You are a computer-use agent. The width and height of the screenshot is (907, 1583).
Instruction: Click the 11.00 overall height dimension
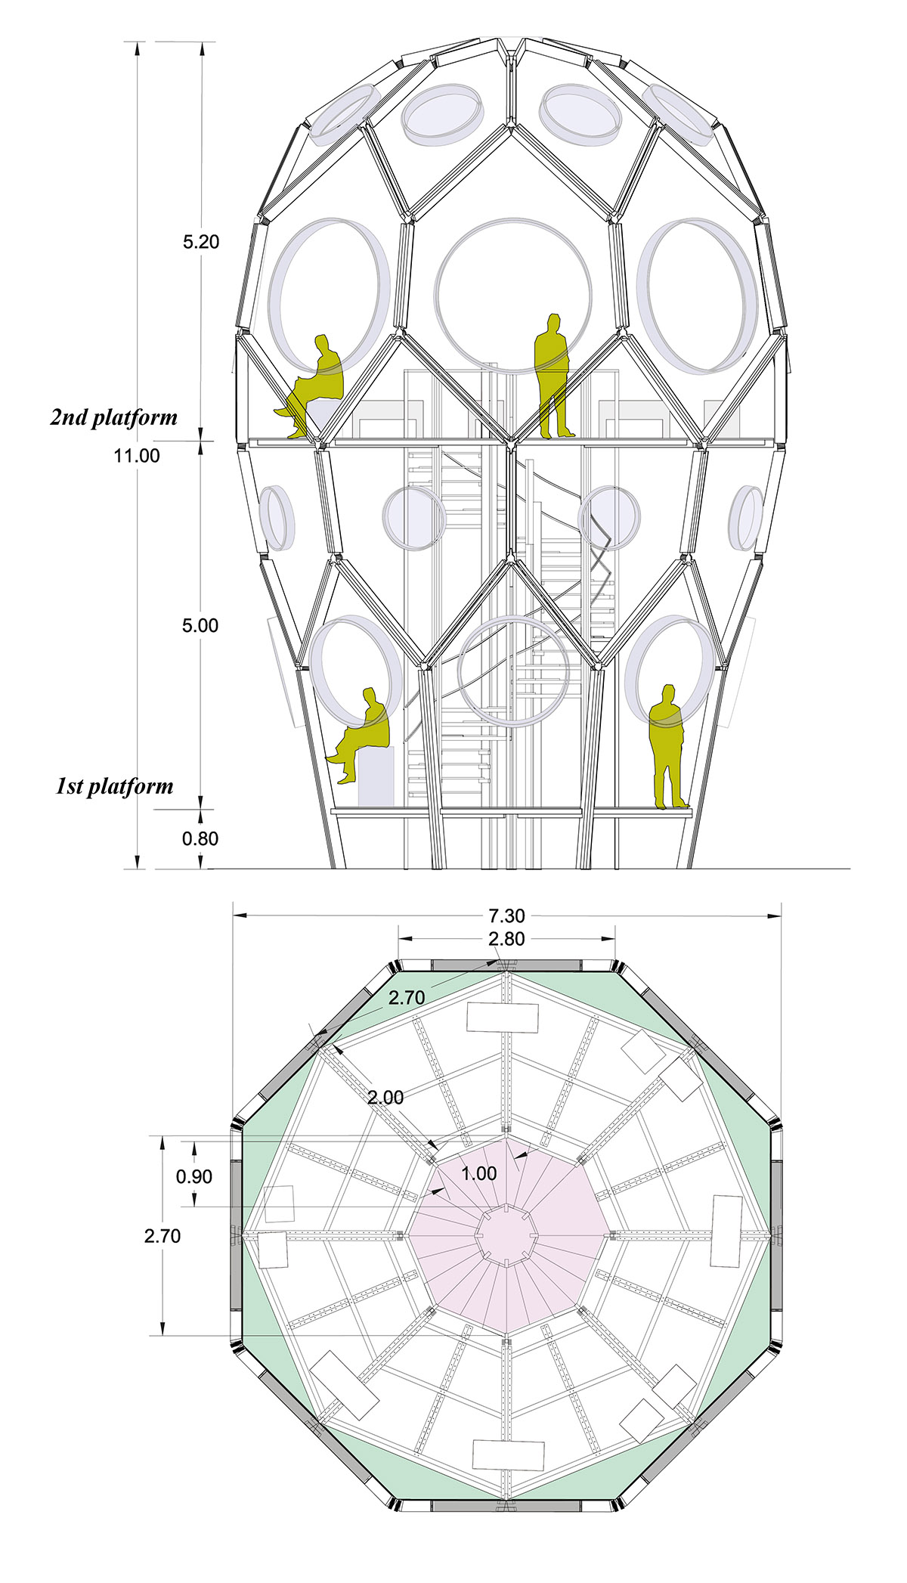137,455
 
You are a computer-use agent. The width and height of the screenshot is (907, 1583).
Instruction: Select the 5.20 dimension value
200,242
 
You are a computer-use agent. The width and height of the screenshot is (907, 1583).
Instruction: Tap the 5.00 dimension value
200,625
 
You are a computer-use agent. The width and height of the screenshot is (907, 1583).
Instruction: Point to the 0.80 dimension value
200,838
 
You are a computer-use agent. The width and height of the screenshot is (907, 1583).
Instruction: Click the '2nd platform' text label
114,417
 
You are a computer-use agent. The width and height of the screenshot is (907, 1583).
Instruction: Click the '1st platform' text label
114,786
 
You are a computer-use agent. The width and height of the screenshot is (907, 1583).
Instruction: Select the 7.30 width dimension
506,915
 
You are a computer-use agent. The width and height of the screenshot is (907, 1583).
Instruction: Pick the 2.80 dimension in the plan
506,939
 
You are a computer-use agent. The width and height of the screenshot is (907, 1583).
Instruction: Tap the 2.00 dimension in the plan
385,1097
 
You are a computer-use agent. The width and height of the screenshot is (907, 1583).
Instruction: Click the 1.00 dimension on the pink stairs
478,1173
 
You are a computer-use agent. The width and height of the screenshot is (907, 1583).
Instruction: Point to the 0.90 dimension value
194,1176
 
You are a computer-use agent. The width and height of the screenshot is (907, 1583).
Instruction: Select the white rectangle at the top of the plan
503,1018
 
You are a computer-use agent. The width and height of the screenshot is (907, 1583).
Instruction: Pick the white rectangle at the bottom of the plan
508,1454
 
